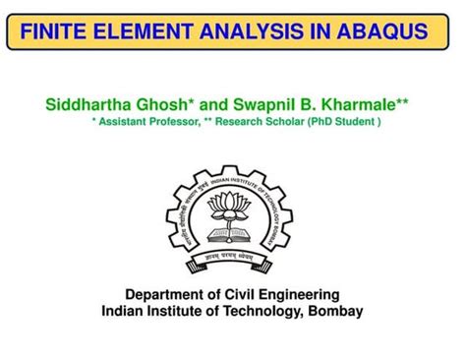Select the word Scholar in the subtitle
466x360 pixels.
pyautogui.click(x=286, y=121)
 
